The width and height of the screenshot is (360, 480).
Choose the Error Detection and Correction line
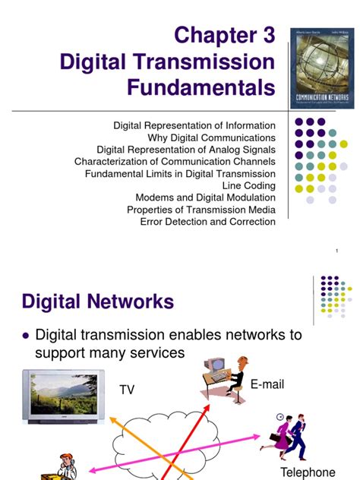(207, 222)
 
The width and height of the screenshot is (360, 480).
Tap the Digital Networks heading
(98, 302)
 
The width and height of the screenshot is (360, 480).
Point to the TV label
(126, 390)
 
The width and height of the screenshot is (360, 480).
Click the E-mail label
(267, 385)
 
